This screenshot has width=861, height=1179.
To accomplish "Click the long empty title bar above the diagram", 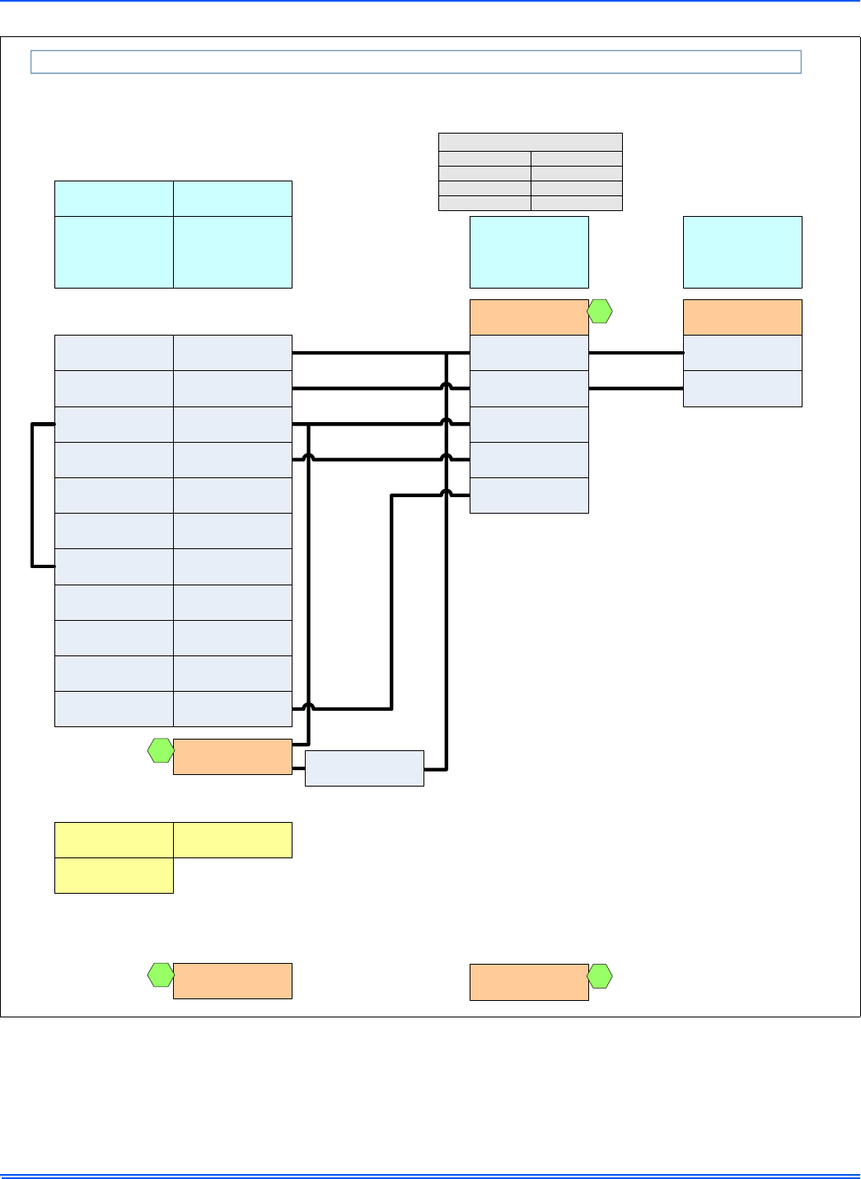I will pyautogui.click(x=416, y=62).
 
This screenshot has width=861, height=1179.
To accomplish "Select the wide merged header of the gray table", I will pyautogui.click(x=530, y=142).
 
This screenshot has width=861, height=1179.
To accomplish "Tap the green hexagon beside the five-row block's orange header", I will pyautogui.click(x=600, y=312).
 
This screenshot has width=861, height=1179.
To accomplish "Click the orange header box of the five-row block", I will pyautogui.click(x=529, y=317).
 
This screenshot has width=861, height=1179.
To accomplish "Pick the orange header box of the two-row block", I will pyautogui.click(x=742, y=317).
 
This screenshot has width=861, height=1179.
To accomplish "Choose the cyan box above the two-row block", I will pyautogui.click(x=742, y=251).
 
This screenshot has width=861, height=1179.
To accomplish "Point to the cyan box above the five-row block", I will pyautogui.click(x=529, y=251).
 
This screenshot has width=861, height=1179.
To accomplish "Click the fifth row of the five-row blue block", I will pyautogui.click(x=529, y=496).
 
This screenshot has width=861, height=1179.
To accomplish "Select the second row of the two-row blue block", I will pyautogui.click(x=742, y=388).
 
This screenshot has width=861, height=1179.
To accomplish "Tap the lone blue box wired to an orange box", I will pyautogui.click(x=364, y=768).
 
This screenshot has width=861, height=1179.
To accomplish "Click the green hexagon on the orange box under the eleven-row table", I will pyautogui.click(x=160, y=750).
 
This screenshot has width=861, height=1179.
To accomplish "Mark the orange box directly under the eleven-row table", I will pyautogui.click(x=232, y=757).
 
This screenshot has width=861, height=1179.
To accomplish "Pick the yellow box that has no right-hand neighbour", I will pyautogui.click(x=114, y=876).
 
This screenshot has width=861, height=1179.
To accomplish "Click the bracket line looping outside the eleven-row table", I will pyautogui.click(x=32, y=495).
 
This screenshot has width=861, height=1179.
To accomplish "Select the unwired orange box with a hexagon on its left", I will pyautogui.click(x=232, y=981).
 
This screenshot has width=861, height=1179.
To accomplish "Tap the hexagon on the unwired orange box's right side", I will pyautogui.click(x=600, y=976).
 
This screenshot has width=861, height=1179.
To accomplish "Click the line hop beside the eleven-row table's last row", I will pyautogui.click(x=308, y=707).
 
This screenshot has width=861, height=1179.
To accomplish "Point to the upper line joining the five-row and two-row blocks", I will pyautogui.click(x=635, y=353).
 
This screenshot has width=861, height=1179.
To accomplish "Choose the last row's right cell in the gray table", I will pyautogui.click(x=576, y=203).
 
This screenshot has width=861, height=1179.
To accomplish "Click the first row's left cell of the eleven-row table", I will pyautogui.click(x=114, y=353).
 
